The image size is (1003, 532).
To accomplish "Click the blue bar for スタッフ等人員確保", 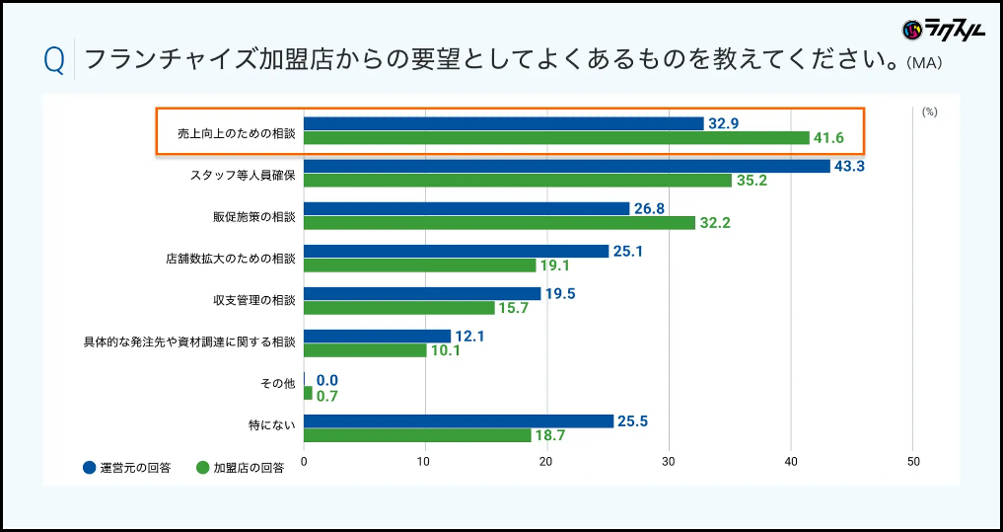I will point(567,166).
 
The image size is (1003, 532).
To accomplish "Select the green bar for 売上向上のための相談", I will point(556,138).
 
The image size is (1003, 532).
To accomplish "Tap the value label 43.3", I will point(849,166).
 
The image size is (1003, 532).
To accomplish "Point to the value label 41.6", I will point(828,138).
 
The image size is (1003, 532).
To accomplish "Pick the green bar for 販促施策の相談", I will point(499,223).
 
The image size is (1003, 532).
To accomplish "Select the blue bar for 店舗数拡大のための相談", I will point(456,252).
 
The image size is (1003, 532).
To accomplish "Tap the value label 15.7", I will point(514,308).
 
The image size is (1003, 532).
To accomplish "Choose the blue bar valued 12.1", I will point(377,337).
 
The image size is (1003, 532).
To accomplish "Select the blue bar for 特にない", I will point(459,421).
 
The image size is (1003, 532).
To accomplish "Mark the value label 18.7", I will point(549,435).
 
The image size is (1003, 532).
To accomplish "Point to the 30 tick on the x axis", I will point(669,460).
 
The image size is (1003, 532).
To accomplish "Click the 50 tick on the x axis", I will point(912,460).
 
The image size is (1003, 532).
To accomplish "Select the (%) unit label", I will point(929,112).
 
